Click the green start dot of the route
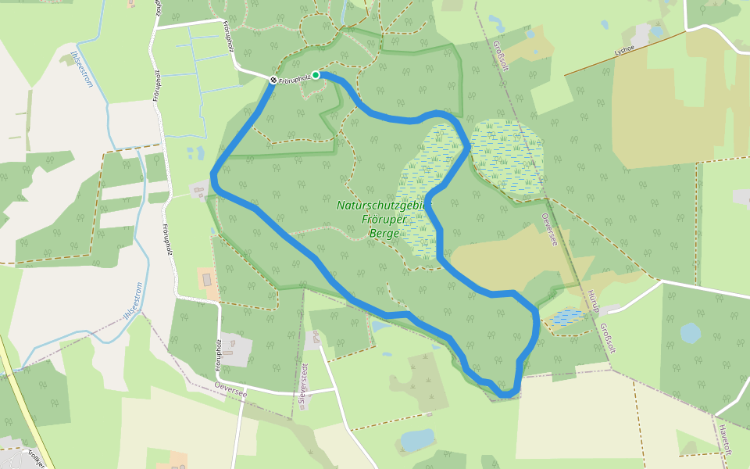pos(316,75)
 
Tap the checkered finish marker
pos(273,80)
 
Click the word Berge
pos(386,234)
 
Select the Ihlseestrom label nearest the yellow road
pos(129,300)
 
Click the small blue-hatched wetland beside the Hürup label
pos(565,317)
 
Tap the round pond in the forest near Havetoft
pos(691,333)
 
